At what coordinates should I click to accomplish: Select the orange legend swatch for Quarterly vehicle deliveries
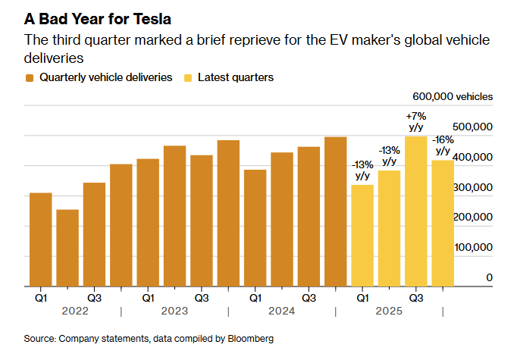tap(30, 77)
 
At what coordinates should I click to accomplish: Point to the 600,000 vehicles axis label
tap(453, 96)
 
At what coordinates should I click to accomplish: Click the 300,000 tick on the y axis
tap(473, 187)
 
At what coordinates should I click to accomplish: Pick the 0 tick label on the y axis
tap(489, 278)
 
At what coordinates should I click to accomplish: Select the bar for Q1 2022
tap(41, 239)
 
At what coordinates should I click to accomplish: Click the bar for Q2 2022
tap(67, 248)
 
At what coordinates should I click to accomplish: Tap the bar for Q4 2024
tap(336, 211)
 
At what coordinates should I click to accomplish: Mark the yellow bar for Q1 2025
tap(362, 235)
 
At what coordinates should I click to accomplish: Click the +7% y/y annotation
tap(416, 122)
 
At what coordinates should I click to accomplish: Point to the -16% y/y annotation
tap(443, 146)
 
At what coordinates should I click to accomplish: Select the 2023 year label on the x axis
tap(174, 311)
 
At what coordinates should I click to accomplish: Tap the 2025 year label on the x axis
tap(389, 311)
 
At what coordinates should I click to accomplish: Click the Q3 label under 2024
tap(309, 298)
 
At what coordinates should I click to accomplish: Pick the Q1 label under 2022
tap(41, 298)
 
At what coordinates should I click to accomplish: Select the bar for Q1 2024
tap(255, 228)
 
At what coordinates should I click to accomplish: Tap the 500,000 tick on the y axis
tap(473, 127)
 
